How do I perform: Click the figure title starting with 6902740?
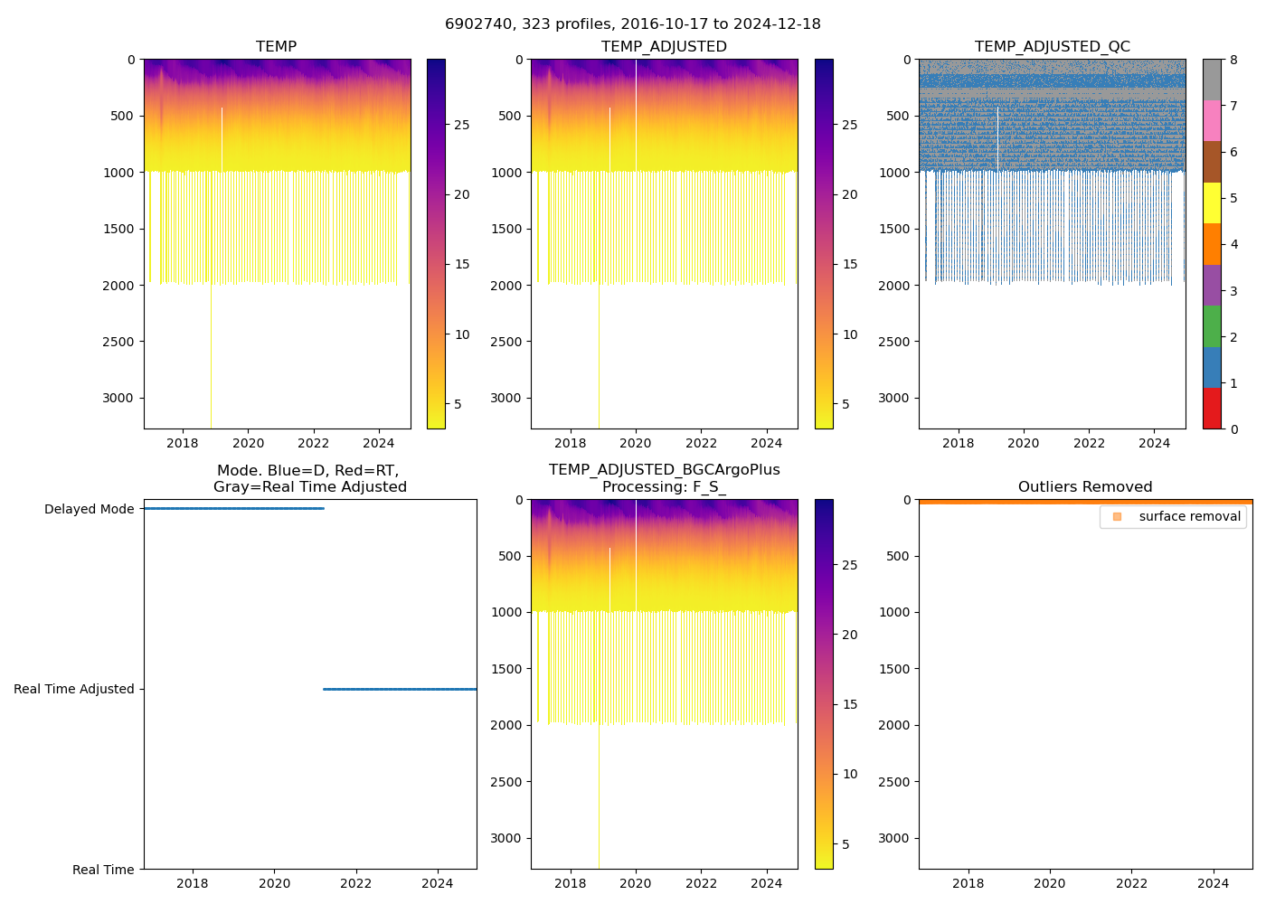[633, 24]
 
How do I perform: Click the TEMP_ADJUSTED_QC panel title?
[1052, 47]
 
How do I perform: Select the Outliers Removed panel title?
[1084, 487]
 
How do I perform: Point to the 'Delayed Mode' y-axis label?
[89, 510]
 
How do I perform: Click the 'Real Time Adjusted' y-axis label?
[74, 690]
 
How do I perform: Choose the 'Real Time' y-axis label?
[103, 870]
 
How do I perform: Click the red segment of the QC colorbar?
[1212, 408]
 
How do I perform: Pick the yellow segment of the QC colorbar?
[1212, 202]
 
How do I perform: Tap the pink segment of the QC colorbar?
[1212, 120]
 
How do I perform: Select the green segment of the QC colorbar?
[1212, 325]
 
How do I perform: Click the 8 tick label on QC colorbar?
[1233, 61]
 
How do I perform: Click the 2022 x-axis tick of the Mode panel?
[356, 883]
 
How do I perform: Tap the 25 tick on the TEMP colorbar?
[462, 125]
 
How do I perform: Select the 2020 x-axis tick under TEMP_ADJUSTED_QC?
[1024, 443]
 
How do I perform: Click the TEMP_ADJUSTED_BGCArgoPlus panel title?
[664, 478]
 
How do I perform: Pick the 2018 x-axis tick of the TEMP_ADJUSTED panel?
[571, 443]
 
